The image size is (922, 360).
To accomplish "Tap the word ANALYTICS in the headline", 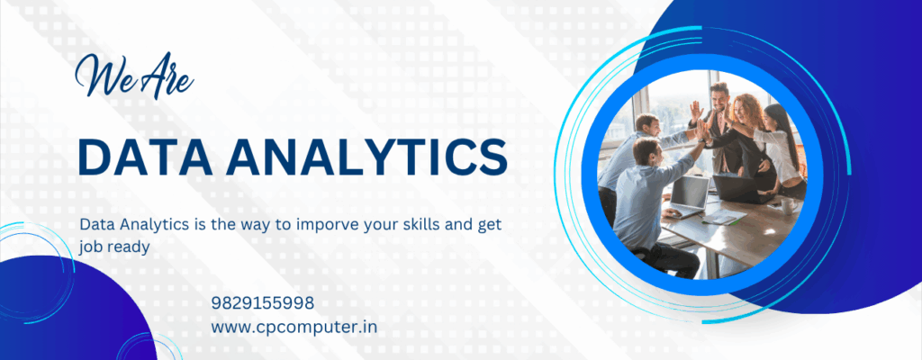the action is coord(364,157).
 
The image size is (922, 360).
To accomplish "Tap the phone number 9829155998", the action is coord(263,303).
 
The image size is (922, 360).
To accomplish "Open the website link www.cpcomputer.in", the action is coord(294,327).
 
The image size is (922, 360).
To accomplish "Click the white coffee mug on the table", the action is coord(787,205).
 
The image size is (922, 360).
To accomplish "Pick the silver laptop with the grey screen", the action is coord(689,195).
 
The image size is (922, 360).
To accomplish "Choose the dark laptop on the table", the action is coord(735,188).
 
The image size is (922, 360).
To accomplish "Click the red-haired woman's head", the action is coord(746,108).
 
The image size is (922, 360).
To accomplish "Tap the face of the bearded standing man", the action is coord(719,95).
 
